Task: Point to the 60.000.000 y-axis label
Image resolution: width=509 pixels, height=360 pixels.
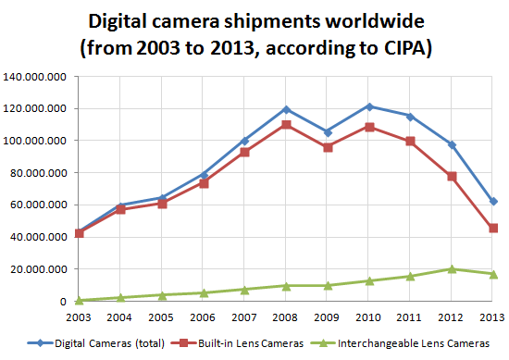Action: coord(36,205)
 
